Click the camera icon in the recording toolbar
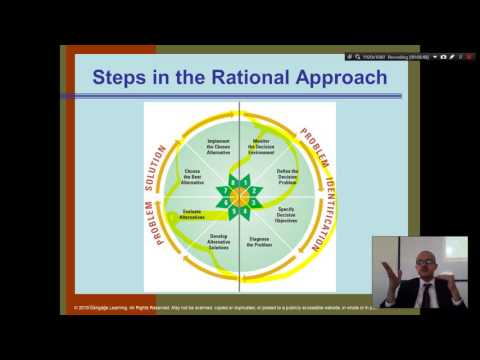pyautogui.click(x=443, y=57)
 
